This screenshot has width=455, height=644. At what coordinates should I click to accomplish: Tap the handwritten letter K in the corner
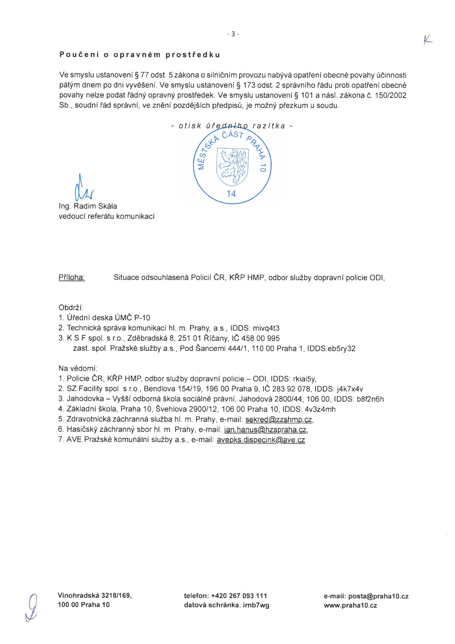tap(427, 40)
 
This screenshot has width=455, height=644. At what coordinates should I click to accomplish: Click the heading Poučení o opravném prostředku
tap(140, 55)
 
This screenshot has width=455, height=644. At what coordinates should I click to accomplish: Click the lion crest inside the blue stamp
tap(232, 166)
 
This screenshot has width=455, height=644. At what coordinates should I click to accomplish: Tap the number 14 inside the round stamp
tap(231, 194)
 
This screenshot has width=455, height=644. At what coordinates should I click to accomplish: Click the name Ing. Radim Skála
tap(88, 206)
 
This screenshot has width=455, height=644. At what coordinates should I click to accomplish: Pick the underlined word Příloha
tap(72, 278)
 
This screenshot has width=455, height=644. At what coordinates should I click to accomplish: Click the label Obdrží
tap(71, 308)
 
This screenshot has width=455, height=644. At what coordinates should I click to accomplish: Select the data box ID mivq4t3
tap(266, 328)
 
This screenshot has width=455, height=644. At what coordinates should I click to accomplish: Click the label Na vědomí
tap(77, 369)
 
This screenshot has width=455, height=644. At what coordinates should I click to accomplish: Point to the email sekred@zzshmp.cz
tap(279, 420)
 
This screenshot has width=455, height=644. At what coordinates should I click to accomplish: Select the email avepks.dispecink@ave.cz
tap(261, 440)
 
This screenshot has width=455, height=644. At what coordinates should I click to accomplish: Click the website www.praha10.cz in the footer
tap(350, 606)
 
